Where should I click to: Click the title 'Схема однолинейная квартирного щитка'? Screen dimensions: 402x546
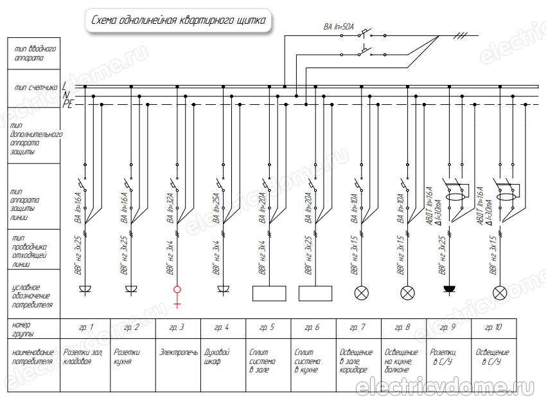[178, 21]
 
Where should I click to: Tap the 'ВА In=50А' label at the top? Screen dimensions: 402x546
[339, 28]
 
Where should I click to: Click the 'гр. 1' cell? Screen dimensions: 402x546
[86, 328]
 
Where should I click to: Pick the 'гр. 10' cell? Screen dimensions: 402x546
[493, 328]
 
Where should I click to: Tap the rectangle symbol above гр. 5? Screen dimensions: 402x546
[269, 293]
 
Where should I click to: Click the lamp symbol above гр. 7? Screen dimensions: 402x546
[362, 293]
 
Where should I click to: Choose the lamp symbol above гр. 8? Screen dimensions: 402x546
[407, 293]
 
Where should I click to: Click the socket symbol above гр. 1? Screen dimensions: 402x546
[85, 289]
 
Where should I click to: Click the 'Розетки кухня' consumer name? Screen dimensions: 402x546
[127, 357]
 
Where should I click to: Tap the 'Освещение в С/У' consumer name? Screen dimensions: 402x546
[493, 357]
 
